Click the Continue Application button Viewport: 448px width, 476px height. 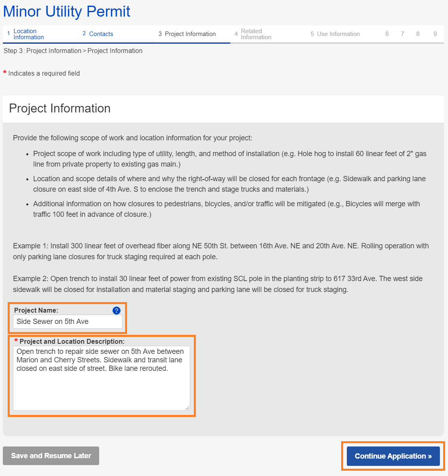[393, 456]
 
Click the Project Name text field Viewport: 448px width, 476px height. [68, 322]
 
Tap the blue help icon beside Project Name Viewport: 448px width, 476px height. [117, 311]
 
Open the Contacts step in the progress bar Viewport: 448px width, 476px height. [101, 34]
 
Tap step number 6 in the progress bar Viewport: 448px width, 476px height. [387, 34]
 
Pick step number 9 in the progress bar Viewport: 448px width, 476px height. [435, 34]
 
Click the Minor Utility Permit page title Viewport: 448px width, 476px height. [67, 12]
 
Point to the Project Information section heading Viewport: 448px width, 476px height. [60, 108]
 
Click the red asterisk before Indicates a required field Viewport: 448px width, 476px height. [5, 73]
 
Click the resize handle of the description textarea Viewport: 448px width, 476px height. [187, 408]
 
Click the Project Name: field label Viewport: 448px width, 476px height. [36, 311]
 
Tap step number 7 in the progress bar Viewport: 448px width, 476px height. [402, 34]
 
